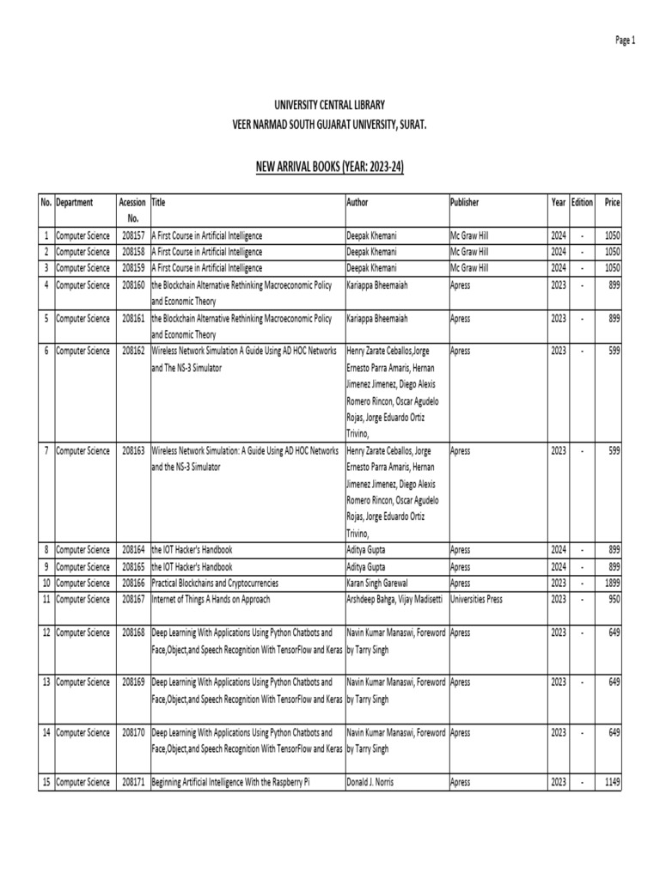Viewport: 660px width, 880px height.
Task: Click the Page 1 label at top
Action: point(624,40)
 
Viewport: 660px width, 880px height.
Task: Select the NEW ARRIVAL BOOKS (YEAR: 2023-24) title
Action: point(330,165)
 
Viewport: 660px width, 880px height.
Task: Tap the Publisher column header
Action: point(465,202)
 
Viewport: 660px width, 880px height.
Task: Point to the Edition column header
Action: point(582,202)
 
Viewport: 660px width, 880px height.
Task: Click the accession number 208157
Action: point(133,235)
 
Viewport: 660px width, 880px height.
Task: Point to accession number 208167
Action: point(133,598)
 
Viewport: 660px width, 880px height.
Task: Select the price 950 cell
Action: point(613,598)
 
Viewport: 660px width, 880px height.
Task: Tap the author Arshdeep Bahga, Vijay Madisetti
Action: point(394,598)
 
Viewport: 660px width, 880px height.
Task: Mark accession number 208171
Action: point(133,782)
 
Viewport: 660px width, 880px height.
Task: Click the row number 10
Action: point(46,582)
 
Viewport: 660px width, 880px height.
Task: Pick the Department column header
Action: point(75,202)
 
